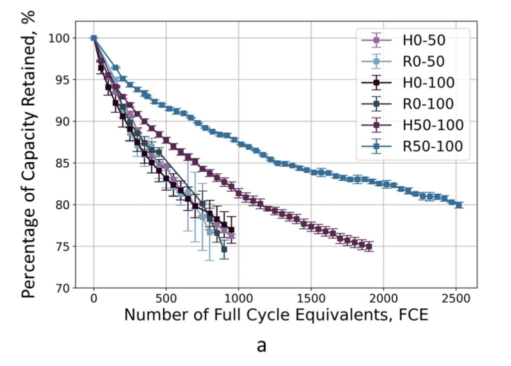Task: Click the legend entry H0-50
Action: [424, 40]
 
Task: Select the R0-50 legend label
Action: [424, 61]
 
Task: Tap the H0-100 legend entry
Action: [429, 83]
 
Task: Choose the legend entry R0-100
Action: [429, 104]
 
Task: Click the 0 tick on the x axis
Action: [94, 299]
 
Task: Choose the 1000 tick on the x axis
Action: [238, 299]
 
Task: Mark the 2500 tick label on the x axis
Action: [456, 299]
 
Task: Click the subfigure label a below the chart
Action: [261, 345]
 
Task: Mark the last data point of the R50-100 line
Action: [459, 205]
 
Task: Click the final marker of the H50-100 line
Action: [369, 247]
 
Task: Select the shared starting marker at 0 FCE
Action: [94, 38]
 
